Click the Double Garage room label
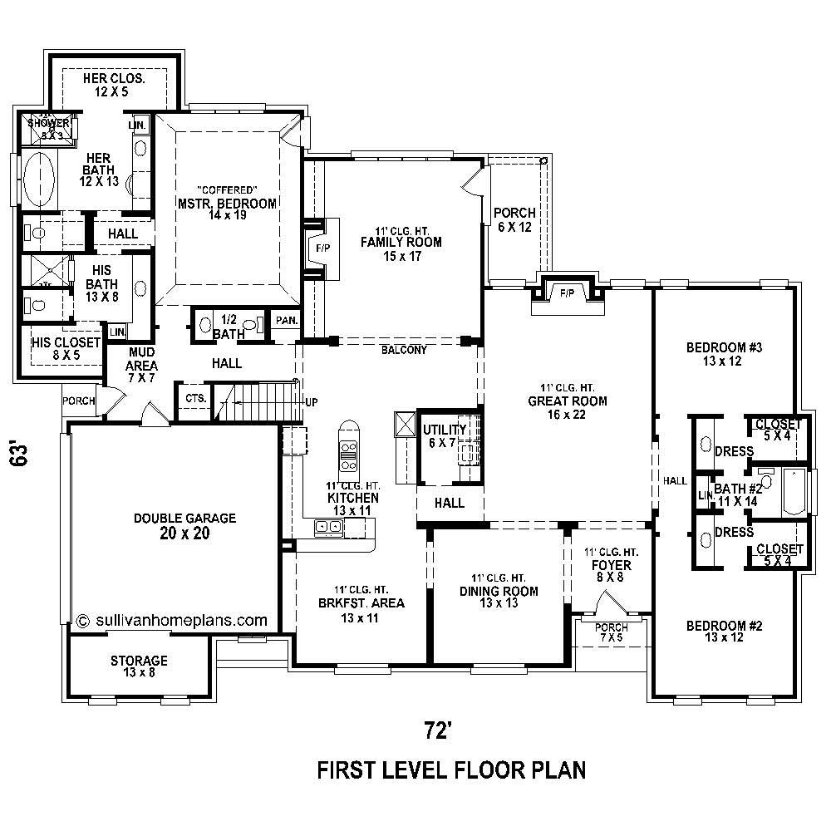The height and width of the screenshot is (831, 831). click(x=184, y=525)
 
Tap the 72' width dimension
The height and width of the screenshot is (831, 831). click(x=437, y=730)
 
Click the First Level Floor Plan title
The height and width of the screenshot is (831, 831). click(x=452, y=770)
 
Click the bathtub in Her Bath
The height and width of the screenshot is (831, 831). click(x=38, y=180)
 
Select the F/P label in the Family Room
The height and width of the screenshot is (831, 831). click(x=322, y=248)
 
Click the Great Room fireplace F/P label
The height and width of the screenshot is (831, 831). click(x=568, y=293)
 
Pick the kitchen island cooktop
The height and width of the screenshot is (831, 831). click(x=348, y=451)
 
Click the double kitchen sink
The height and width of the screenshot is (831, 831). click(x=327, y=526)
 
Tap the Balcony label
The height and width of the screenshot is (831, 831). click(x=404, y=350)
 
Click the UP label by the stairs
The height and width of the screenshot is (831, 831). click(x=312, y=402)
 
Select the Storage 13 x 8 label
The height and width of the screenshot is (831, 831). click(x=139, y=666)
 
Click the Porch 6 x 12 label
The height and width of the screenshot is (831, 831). click(x=514, y=219)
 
